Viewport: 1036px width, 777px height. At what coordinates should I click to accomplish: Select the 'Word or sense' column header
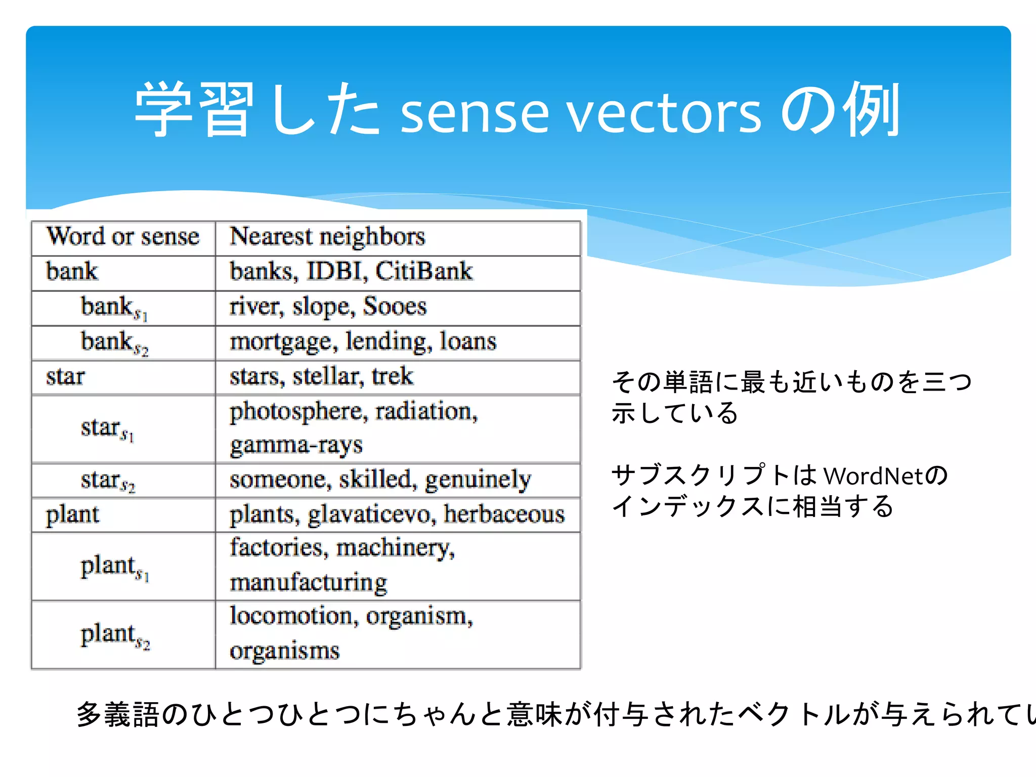[123, 236]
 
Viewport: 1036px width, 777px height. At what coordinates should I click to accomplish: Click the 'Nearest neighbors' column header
[327, 236]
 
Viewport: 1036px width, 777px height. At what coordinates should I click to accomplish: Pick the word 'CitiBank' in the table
[424, 271]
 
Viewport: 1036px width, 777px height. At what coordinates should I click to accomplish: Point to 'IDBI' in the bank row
[336, 271]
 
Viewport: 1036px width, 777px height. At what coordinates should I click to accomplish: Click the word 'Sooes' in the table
[395, 306]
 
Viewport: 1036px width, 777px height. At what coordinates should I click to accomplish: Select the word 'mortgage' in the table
[283, 342]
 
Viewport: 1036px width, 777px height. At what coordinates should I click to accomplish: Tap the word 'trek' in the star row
[392, 376]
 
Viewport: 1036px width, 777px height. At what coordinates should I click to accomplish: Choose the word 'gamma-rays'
[296, 446]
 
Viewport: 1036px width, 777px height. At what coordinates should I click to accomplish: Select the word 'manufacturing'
[309, 583]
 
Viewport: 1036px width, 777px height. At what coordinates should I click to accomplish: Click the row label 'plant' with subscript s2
[115, 635]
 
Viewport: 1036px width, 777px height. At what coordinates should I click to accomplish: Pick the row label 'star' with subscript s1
[107, 429]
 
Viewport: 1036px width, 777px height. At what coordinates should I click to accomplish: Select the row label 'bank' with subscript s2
[114, 342]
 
